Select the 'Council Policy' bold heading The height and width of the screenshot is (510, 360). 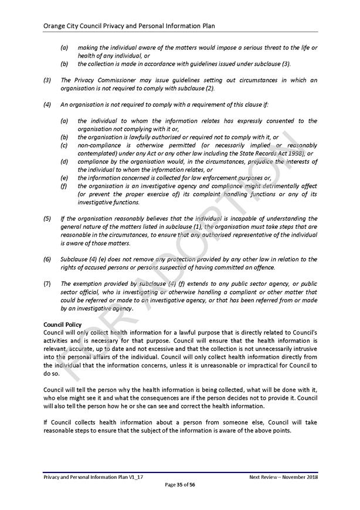point(63,324)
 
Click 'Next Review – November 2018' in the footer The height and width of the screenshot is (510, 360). point(283,477)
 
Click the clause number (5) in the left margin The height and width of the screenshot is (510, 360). point(47,219)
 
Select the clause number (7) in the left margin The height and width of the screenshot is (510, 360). point(47,284)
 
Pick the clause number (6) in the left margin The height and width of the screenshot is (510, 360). point(47,259)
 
